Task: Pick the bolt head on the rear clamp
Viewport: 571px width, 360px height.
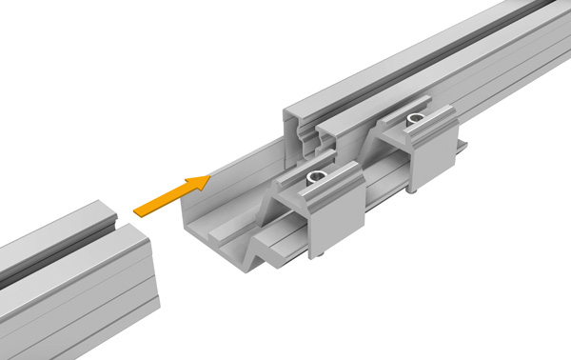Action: pos(416,120)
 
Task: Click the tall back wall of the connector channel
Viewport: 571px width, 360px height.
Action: pos(238,176)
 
